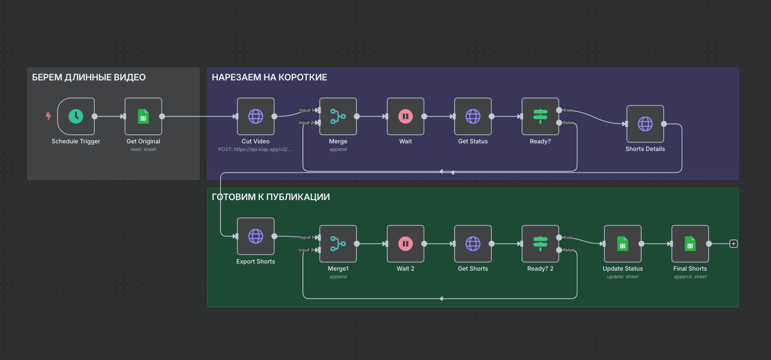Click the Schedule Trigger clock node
pyautogui.click(x=76, y=117)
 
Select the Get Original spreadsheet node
pyautogui.click(x=143, y=117)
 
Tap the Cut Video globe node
pyautogui.click(x=256, y=117)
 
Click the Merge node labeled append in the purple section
pyautogui.click(x=338, y=117)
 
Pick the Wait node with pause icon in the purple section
pyautogui.click(x=405, y=117)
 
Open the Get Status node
pyautogui.click(x=473, y=117)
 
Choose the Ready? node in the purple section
pyautogui.click(x=540, y=117)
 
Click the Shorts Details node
pyautogui.click(x=645, y=124)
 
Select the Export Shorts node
pyautogui.click(x=256, y=236)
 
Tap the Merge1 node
pyautogui.click(x=338, y=244)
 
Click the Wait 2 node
pyautogui.click(x=405, y=244)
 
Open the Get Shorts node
pyautogui.click(x=473, y=244)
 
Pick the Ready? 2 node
pyautogui.click(x=540, y=244)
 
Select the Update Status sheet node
pyautogui.click(x=623, y=244)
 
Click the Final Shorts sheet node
pyautogui.click(x=690, y=244)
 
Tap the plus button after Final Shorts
pyautogui.click(x=733, y=244)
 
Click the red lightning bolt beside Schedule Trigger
pyautogui.click(x=48, y=117)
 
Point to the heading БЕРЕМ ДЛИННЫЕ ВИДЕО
pyautogui.click(x=89, y=77)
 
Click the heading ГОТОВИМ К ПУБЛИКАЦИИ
pyautogui.click(x=271, y=197)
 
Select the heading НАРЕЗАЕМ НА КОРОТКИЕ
pyautogui.click(x=269, y=77)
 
